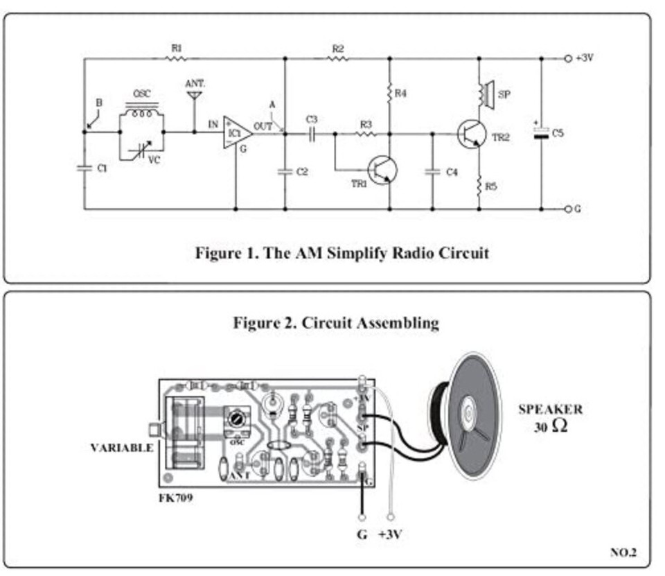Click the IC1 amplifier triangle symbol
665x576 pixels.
pos(236,132)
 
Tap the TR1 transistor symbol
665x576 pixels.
pos(381,169)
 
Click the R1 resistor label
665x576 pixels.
pos(176,48)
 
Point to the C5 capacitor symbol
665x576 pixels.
pos(542,134)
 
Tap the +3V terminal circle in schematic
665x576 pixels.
pos(568,59)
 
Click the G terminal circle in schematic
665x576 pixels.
pos(568,209)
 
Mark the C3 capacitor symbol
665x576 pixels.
pos(311,132)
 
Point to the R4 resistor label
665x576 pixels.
pos(401,92)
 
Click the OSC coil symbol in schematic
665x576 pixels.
pos(142,112)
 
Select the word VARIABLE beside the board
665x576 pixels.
pos(122,448)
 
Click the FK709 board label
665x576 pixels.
pos(176,498)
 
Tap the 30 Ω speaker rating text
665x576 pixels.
pos(550,427)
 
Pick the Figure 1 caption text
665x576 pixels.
pos(342,252)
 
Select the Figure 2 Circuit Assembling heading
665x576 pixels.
pos(336,323)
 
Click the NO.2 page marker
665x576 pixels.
pos(623,552)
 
